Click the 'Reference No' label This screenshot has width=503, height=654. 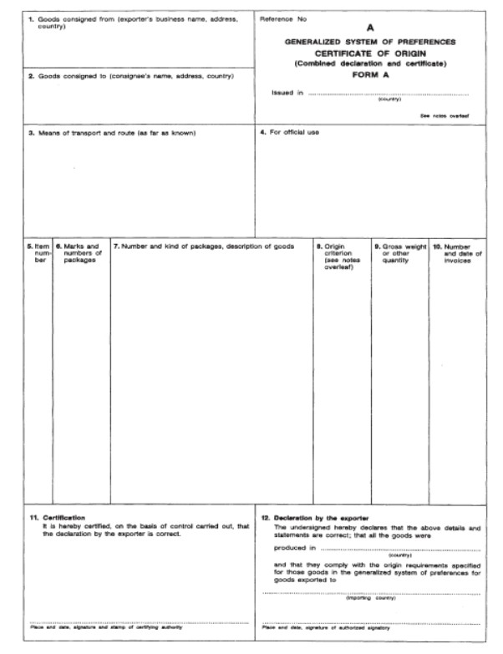pyautogui.click(x=283, y=18)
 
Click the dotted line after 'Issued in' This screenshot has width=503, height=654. pyautogui.click(x=389, y=93)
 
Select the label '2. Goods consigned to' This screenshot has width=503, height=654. pyautogui.click(x=131, y=76)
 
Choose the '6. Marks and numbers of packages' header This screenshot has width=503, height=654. pyautogui.click(x=81, y=253)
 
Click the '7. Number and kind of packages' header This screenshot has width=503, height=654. pyautogui.click(x=204, y=246)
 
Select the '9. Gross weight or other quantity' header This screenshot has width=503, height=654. pyautogui.click(x=399, y=253)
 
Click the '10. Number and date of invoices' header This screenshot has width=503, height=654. pyautogui.click(x=456, y=253)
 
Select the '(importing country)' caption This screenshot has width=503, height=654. pyautogui.click(x=370, y=599)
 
